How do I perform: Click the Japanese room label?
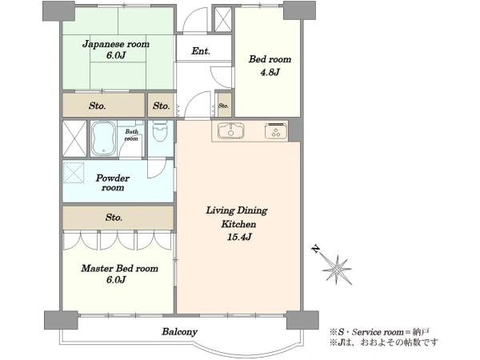[116, 44]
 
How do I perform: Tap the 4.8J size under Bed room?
[270, 73]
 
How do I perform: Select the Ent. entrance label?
[201, 51]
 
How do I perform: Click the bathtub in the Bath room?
[104, 138]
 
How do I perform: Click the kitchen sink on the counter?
[231, 130]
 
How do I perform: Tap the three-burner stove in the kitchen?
[276, 131]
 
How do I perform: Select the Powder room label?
[113, 182]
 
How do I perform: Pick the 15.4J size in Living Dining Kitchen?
[239, 237]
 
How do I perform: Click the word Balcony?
[180, 332]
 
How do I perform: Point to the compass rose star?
[337, 270]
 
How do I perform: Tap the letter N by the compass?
[315, 249]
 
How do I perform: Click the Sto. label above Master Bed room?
[114, 218]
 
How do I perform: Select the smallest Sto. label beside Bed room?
[223, 106]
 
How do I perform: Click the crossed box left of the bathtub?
[74, 138]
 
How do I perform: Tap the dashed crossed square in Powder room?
[74, 173]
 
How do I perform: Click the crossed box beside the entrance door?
[223, 19]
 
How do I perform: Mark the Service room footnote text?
[379, 332]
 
